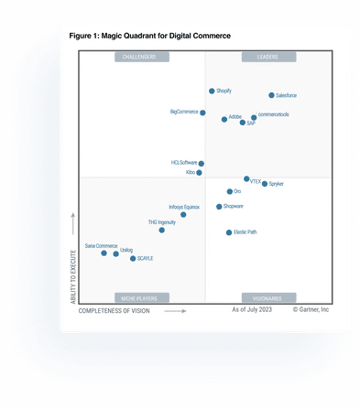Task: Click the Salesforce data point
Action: point(271,95)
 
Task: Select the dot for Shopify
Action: point(212,91)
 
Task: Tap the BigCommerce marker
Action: point(202,113)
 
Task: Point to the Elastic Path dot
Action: point(229,232)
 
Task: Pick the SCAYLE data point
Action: point(133,259)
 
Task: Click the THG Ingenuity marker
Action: point(162,230)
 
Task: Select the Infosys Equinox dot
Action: point(183,214)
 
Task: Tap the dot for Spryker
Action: point(265,184)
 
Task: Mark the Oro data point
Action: point(230,191)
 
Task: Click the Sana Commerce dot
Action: point(104,253)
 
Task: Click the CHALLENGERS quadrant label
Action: point(141,57)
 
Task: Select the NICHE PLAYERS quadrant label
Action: point(141,298)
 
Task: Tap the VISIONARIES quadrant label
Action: point(267,298)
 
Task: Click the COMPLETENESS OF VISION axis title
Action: point(114,311)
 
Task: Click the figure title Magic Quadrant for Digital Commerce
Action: point(150,36)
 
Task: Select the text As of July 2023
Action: point(252,311)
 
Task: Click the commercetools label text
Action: point(274,114)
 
